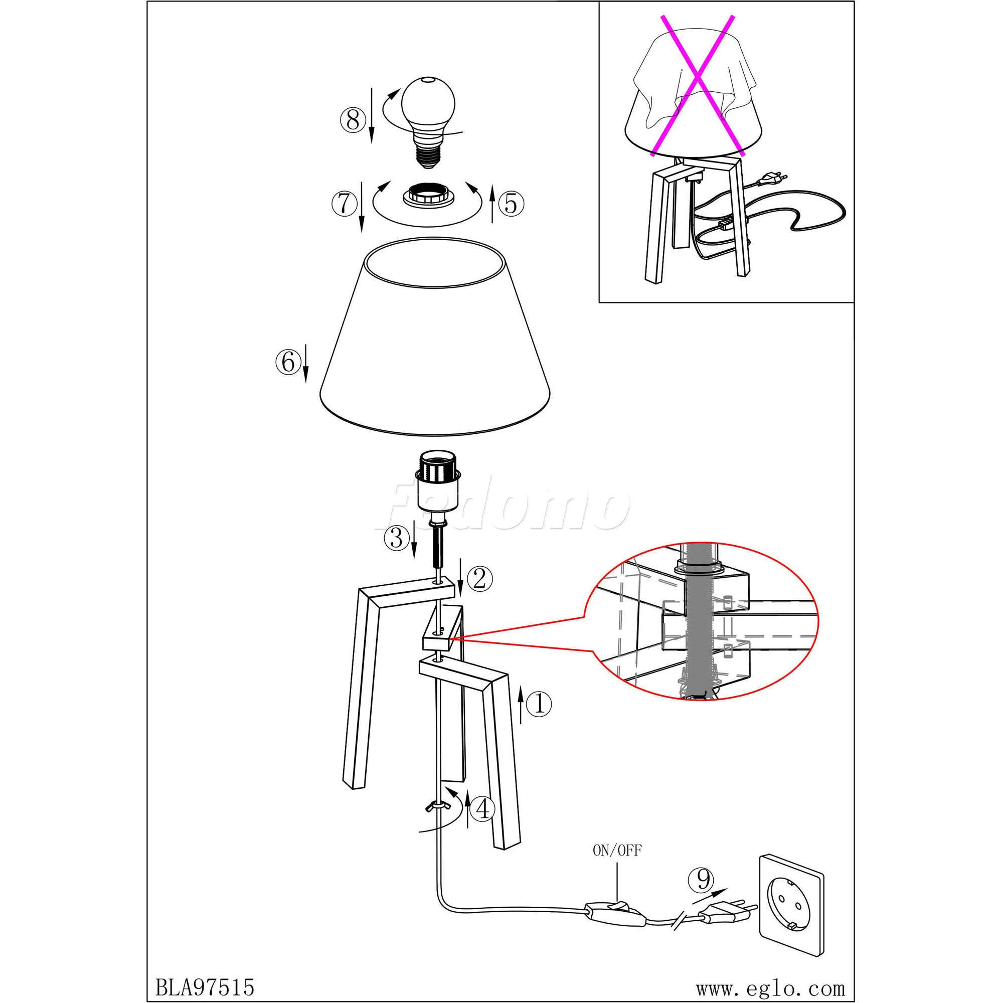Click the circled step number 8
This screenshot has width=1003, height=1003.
[353, 121]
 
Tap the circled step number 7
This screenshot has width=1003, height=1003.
[343, 204]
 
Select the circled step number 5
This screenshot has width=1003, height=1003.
[512, 204]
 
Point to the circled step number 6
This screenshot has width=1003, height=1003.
[287, 362]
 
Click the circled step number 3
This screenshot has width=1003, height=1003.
[396, 538]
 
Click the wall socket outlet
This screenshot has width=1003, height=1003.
[792, 904]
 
